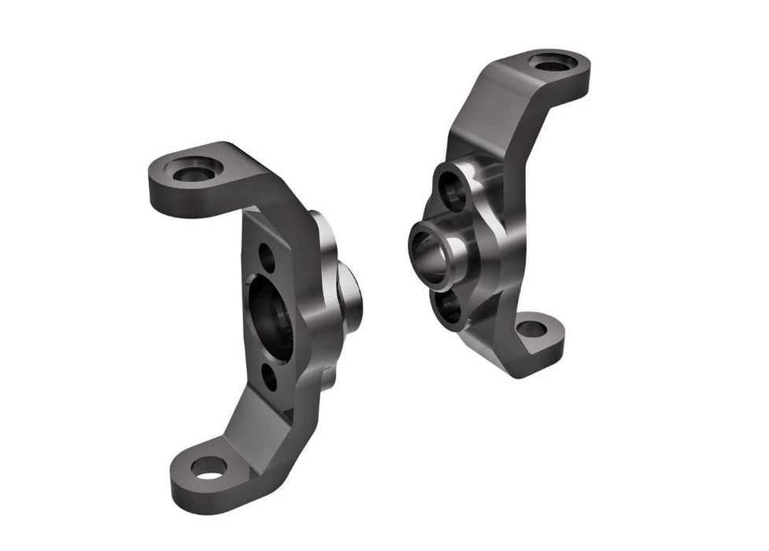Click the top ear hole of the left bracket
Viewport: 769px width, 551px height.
pos(193,171)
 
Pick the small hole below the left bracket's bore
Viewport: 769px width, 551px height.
pos(269,377)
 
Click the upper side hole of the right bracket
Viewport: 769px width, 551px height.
pos(454,189)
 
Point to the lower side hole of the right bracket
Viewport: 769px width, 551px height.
pos(450,307)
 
